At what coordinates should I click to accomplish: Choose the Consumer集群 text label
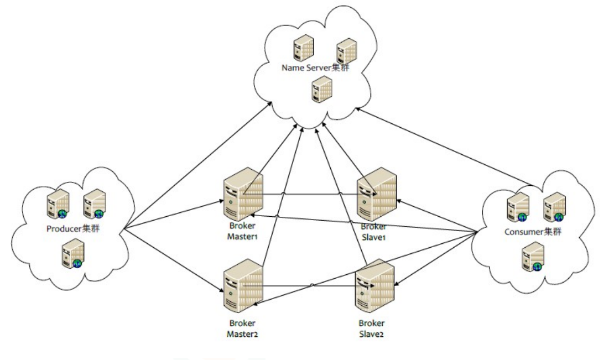click(532, 232)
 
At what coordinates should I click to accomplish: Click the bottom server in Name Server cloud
click(318, 89)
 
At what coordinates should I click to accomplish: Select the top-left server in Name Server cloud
click(302, 48)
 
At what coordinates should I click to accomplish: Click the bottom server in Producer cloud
click(72, 255)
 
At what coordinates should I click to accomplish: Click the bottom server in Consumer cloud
click(532, 258)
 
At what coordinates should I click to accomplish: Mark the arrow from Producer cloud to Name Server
click(194, 169)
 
